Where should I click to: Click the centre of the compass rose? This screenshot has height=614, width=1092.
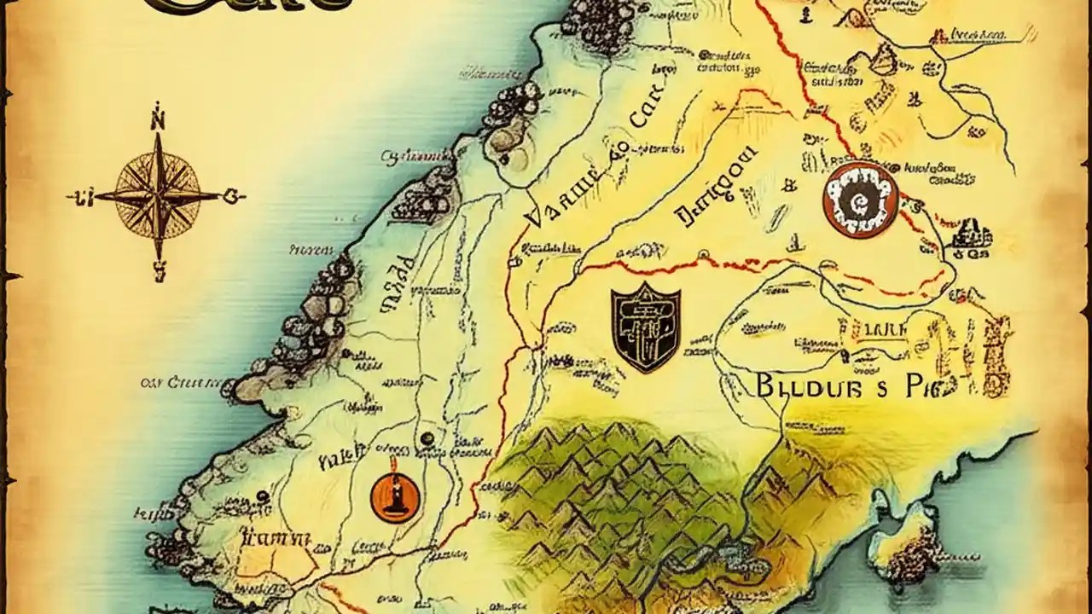pyautogui.click(x=157, y=195)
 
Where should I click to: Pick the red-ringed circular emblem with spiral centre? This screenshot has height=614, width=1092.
pyautogui.click(x=861, y=200)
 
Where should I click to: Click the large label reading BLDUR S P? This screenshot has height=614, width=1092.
pyautogui.click(x=845, y=386)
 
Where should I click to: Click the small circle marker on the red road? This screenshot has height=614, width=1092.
pyautogui.click(x=703, y=254)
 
